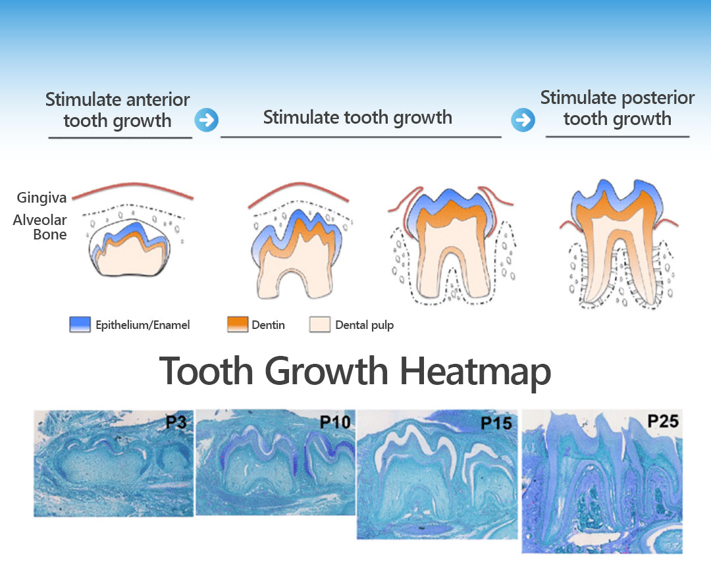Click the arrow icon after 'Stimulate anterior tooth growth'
tap(206, 120)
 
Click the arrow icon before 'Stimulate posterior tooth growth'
tap(523, 120)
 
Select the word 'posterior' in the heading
tap(658, 98)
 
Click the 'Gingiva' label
tap(41, 197)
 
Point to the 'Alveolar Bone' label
tap(40, 227)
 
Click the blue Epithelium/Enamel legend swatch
tap(80, 324)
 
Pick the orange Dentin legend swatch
tap(238, 324)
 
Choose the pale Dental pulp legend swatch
tap(320, 324)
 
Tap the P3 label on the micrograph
tap(176, 422)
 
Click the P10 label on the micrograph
tap(335, 422)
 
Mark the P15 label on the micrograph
tap(496, 423)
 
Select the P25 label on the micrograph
tap(663, 421)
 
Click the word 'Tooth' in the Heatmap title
tap(206, 371)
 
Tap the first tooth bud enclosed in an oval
tap(130, 248)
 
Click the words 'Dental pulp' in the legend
tap(365, 325)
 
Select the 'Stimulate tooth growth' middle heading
tap(357, 117)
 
